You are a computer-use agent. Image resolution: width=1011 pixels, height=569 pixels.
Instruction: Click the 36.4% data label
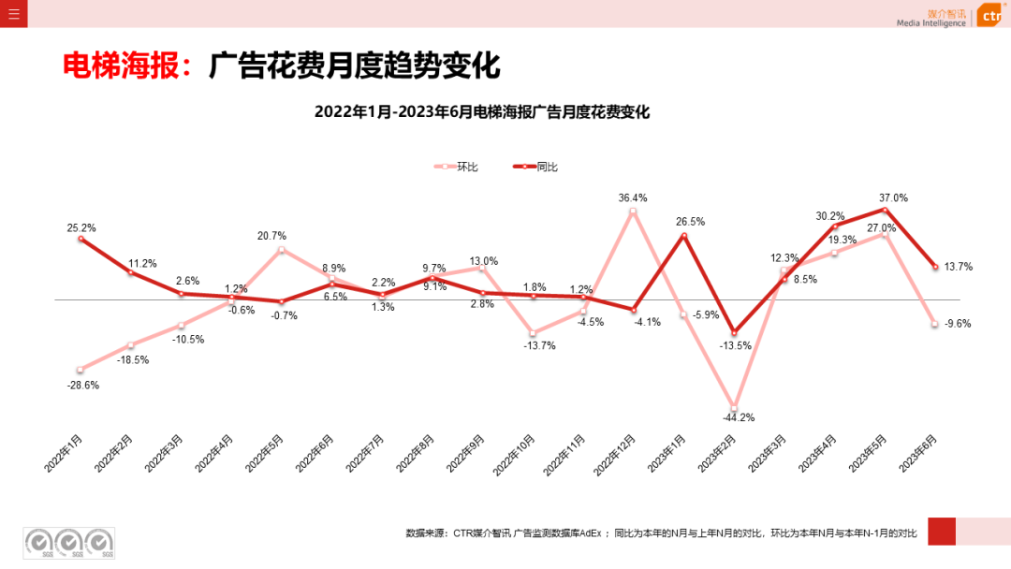point(633,197)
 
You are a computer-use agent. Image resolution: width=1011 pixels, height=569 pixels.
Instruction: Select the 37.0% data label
point(893,197)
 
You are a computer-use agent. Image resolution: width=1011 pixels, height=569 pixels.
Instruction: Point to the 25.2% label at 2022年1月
point(81,227)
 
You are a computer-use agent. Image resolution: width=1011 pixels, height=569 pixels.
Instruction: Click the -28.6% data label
point(81,385)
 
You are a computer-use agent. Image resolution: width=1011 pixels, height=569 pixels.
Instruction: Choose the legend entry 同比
point(547,167)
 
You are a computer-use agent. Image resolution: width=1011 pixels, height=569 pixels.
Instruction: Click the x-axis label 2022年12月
point(618,453)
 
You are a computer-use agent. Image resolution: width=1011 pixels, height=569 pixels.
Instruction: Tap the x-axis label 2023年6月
point(919,451)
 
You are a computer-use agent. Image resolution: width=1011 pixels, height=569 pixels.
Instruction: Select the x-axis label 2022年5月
point(267,451)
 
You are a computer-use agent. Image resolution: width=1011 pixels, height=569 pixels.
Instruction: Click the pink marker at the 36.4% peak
point(633,212)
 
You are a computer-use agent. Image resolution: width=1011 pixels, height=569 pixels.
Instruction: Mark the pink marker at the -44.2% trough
point(734,404)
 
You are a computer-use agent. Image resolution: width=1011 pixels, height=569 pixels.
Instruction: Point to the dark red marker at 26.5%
point(684,236)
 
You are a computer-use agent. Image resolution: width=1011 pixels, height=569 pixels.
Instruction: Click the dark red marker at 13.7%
point(934,267)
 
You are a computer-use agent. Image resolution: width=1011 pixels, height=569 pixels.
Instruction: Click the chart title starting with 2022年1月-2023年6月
point(481,112)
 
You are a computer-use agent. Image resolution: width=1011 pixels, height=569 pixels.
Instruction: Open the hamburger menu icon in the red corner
point(13,13)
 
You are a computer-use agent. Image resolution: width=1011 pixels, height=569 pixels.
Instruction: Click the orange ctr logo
point(990,16)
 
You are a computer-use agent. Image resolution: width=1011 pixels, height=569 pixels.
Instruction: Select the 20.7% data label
point(272,236)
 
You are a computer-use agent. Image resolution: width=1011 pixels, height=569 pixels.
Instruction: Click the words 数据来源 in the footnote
point(426,533)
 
